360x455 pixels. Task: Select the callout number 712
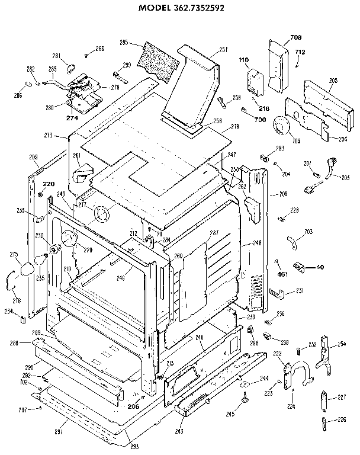300,52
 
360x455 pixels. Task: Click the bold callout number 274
72,118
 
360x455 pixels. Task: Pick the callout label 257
207,50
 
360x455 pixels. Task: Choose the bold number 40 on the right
320,267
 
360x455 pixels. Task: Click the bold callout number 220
49,184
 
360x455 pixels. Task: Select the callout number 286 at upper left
18,95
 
